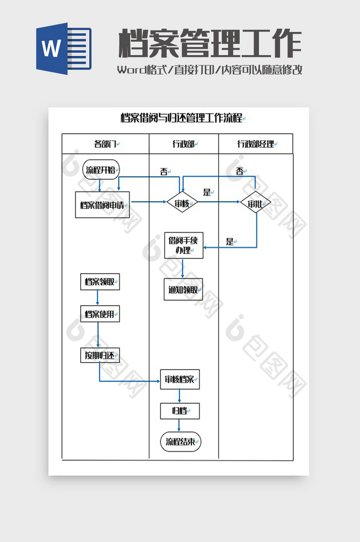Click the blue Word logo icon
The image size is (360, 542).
pos(63,48)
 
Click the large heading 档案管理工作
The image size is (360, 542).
pos(210,44)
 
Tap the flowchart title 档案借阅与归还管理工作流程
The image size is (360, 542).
pos(181,118)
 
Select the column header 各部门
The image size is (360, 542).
pos(105,144)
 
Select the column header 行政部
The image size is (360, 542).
pos(183,144)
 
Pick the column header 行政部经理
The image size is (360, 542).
pos(256,144)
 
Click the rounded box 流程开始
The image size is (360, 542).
pos(101,170)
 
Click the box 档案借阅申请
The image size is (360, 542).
pos(102,205)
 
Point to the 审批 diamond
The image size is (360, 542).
pos(255,204)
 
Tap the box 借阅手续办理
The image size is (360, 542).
pos(183,245)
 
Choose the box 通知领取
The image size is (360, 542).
pos(183,290)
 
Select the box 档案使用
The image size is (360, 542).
pos(100,314)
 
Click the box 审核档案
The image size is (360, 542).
pos(179,380)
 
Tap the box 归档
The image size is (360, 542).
pos(179,411)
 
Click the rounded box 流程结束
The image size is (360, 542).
pos(181,442)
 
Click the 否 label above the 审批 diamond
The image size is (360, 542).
pos(240,171)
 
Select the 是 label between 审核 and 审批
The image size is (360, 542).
pos(207,193)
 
